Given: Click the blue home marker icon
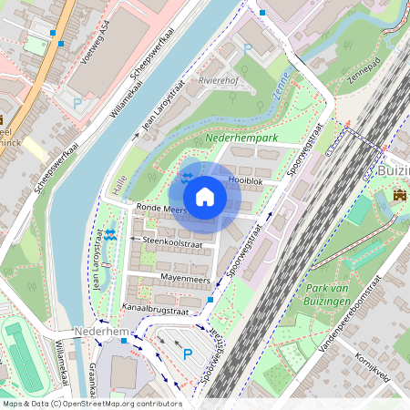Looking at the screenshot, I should coord(205,196).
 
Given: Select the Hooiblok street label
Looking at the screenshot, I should coord(245,181).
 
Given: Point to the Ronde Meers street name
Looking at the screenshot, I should coord(161,209).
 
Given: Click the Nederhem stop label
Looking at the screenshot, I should coord(103,331).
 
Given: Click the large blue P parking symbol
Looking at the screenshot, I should coord(189,354).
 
